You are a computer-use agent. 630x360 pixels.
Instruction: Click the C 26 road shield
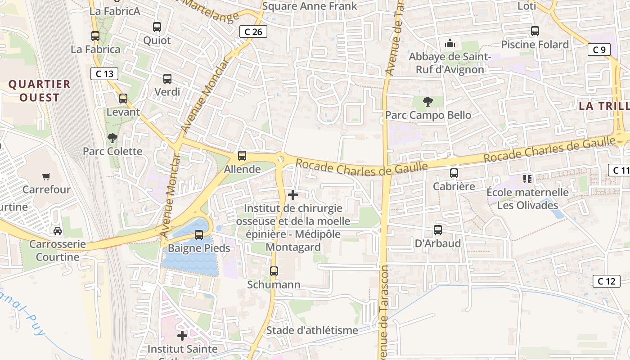253,31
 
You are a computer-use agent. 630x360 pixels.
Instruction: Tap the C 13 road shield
104,74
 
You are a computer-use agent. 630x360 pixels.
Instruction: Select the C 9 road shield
599,49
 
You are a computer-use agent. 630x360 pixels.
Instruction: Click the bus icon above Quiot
157,27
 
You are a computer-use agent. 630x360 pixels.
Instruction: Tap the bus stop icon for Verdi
167,79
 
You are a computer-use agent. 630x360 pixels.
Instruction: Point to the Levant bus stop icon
123,99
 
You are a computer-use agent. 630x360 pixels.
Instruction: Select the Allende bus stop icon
242,156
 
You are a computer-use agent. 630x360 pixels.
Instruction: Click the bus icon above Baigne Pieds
198,234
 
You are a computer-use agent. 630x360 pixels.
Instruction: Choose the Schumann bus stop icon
274,271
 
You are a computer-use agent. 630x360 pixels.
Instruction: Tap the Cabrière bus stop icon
454,173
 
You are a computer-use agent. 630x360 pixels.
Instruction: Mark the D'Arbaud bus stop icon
437,230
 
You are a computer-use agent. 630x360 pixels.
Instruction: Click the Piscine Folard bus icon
535,31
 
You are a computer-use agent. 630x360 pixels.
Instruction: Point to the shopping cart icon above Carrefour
46,176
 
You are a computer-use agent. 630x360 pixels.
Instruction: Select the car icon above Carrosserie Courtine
58,231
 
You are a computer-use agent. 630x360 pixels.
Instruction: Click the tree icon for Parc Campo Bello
428,102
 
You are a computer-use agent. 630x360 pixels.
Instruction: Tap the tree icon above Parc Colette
112,138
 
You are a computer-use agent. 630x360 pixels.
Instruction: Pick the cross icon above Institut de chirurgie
293,195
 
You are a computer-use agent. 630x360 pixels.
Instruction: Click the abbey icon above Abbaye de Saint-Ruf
449,44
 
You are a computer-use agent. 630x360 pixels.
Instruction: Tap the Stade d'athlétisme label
312,330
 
